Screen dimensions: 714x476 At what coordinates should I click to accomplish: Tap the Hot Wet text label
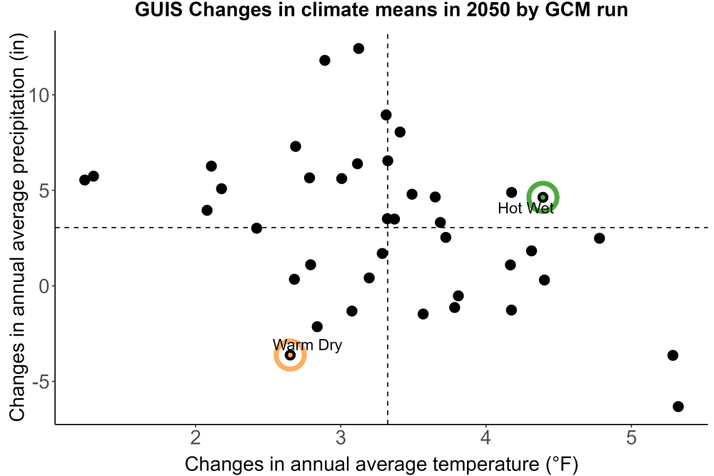point(526,208)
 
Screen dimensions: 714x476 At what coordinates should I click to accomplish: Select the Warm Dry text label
point(307,345)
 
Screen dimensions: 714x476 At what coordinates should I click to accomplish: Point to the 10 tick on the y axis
point(39,95)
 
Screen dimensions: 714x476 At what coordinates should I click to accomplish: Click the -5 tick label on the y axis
point(41,382)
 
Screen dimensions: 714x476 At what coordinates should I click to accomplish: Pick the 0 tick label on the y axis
point(44,286)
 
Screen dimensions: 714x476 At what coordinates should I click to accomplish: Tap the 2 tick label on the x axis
point(196,437)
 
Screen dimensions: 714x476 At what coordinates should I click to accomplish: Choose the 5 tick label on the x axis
point(631,437)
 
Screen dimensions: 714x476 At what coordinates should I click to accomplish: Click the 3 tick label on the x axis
point(341,437)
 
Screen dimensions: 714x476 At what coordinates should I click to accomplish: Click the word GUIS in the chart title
point(159,9)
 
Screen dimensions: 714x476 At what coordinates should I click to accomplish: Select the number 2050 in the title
point(488,9)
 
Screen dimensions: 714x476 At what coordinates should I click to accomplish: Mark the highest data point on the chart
point(359,49)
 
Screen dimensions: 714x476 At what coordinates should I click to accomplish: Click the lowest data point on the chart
point(678,406)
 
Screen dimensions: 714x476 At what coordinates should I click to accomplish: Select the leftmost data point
point(85,180)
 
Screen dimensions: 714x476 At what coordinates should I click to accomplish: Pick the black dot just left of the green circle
point(511,193)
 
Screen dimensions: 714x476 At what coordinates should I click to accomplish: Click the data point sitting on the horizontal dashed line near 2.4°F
point(257,228)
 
